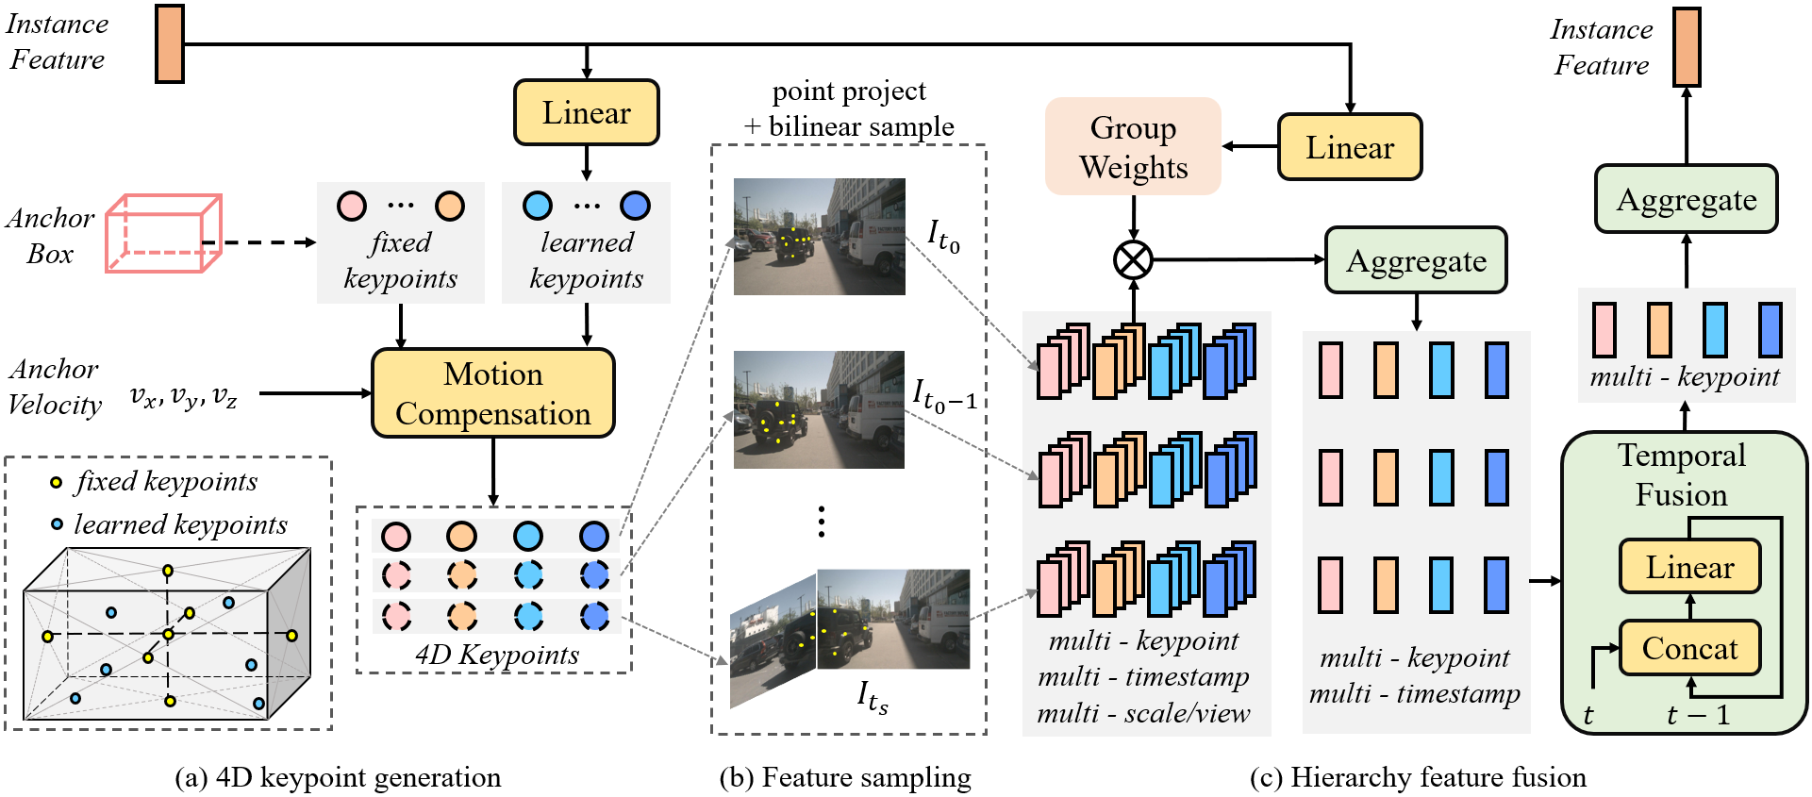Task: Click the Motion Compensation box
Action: point(492,393)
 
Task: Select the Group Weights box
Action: point(1133,147)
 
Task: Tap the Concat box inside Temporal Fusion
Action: point(1689,648)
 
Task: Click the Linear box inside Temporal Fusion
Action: point(1689,567)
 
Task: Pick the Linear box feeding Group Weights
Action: point(1349,147)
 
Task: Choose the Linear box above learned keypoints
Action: point(586,112)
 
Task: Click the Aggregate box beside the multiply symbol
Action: point(1416,260)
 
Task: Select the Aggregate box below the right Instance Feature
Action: point(1686,199)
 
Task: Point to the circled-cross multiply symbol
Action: point(1133,259)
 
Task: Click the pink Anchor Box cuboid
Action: point(163,234)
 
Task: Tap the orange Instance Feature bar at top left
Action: point(170,43)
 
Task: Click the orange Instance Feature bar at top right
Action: point(1687,47)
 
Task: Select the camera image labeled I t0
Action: point(819,237)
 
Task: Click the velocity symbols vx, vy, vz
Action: point(183,395)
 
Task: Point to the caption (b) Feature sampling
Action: point(845,777)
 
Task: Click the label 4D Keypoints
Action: point(497,655)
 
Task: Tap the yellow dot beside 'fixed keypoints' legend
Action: point(57,483)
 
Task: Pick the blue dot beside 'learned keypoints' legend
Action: point(57,524)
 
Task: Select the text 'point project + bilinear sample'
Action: point(849,108)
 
